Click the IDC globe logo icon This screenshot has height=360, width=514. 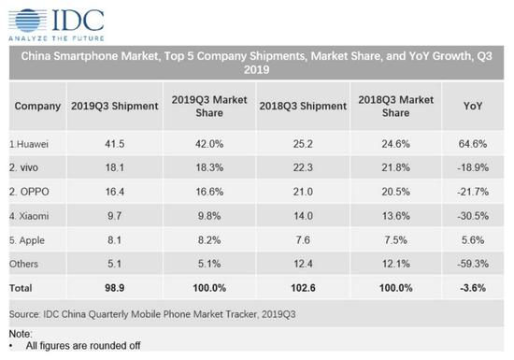tap(23, 18)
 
